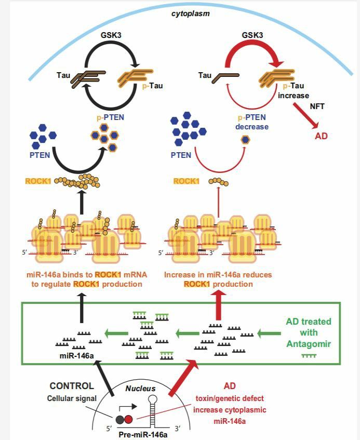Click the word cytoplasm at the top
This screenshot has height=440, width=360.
(x=191, y=13)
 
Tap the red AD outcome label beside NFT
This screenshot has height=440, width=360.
(x=321, y=137)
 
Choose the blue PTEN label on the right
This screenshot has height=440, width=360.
(x=181, y=155)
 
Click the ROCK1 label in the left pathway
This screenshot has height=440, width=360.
(x=39, y=182)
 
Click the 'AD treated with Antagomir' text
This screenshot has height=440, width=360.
(x=308, y=332)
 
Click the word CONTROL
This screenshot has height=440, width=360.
(x=72, y=386)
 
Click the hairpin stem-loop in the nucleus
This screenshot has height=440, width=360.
(x=154, y=408)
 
